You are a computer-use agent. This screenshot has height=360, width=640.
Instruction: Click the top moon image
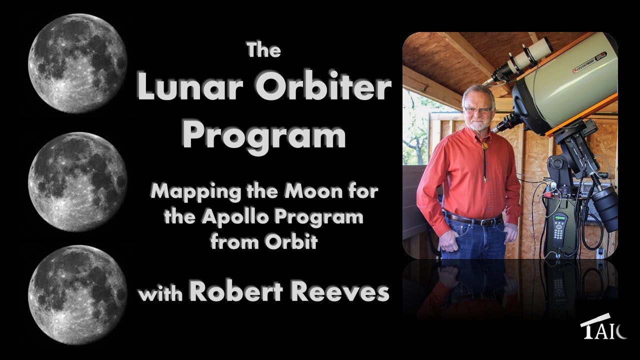click(x=77, y=64)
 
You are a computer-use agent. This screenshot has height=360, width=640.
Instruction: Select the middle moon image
click(x=77, y=181)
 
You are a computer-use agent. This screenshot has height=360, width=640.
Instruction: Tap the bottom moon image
click(x=77, y=295)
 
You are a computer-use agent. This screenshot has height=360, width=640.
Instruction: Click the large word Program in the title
click(x=263, y=134)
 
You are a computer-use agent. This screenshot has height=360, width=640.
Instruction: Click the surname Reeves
click(x=340, y=292)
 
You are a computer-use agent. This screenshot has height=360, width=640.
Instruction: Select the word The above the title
click(x=263, y=50)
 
